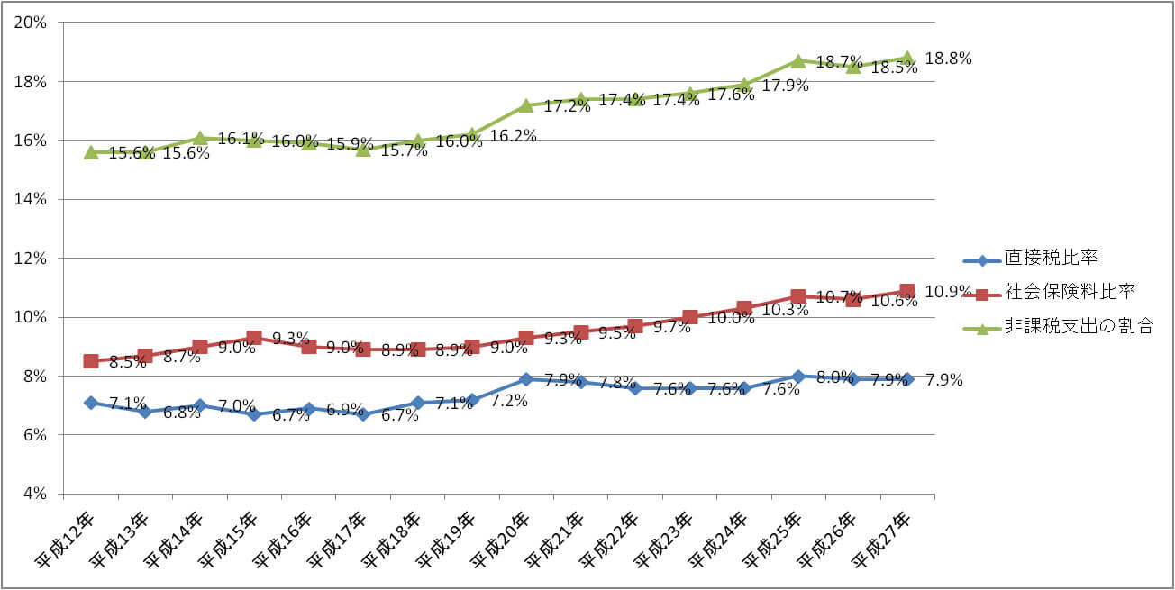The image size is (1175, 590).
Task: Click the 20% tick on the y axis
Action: point(31,23)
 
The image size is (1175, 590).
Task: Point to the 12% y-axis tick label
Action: point(31,259)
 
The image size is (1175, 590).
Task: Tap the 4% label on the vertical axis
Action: point(34,494)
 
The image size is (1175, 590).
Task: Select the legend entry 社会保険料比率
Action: point(1068,292)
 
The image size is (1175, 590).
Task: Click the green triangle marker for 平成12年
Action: point(91,153)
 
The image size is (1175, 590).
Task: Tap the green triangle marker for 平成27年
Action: point(907,58)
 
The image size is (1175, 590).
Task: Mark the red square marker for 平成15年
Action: point(254,338)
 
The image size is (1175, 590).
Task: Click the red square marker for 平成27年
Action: point(907,291)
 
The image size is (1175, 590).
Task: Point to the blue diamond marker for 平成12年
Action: point(91,403)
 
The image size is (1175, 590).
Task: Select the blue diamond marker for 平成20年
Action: point(526,379)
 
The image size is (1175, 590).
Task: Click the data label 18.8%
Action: point(948,59)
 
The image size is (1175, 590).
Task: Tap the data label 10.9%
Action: point(948,292)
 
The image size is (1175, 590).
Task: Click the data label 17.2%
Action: point(567,106)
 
